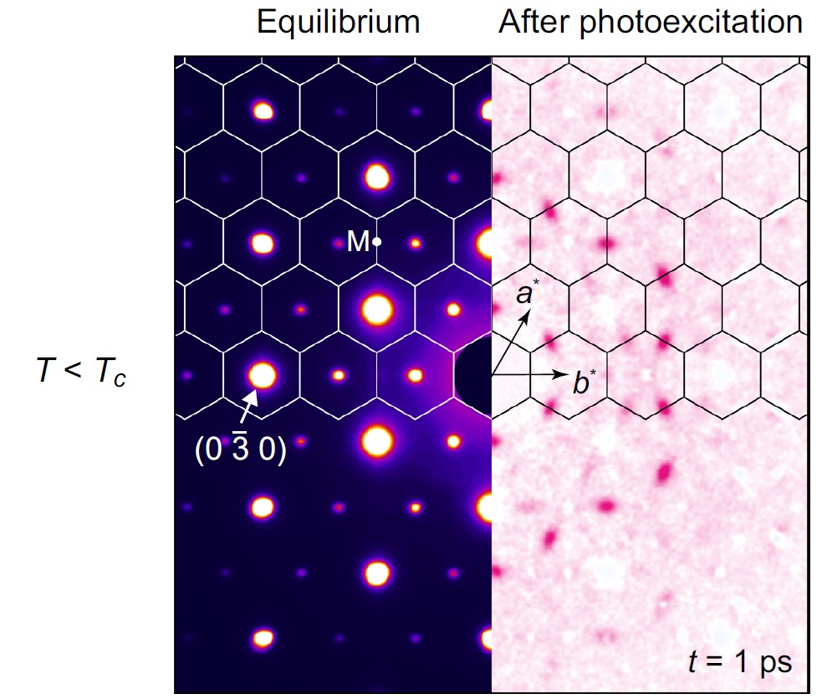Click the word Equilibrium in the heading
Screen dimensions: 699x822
[x=338, y=23]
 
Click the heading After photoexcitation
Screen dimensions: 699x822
[x=651, y=23]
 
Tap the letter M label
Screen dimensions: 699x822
[x=358, y=243]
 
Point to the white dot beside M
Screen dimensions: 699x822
[x=377, y=242]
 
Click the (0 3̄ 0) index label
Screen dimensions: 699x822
[x=240, y=450]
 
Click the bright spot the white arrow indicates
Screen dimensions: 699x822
[x=263, y=374]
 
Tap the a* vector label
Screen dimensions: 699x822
[x=527, y=295]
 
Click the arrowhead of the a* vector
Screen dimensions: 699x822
[x=528, y=316]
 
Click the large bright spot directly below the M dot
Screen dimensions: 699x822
[x=377, y=309]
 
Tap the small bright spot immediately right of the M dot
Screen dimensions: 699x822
[x=415, y=244]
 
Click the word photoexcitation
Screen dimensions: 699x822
[x=702, y=23]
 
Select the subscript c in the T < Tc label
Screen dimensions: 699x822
[x=121, y=379]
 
